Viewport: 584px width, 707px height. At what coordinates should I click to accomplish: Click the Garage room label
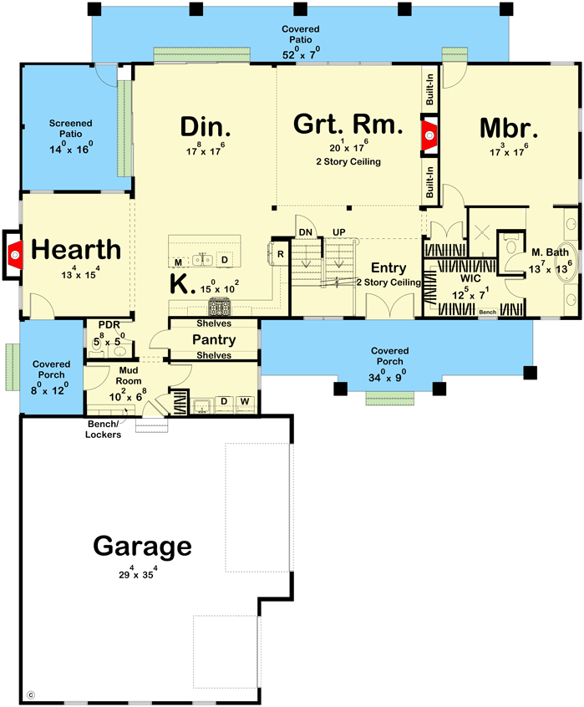(x=142, y=547)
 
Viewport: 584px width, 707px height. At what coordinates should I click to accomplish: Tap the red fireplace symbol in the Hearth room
(x=14, y=251)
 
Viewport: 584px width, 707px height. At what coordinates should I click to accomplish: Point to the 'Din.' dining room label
(x=206, y=128)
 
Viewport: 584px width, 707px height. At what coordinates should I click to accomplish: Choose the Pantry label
(x=213, y=340)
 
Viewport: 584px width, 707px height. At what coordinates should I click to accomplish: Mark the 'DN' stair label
(x=306, y=231)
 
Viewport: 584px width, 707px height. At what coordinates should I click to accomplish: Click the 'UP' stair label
(x=338, y=231)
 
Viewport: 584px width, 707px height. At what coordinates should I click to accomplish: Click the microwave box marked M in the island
(x=178, y=262)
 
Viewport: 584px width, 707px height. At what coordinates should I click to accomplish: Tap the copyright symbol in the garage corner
(x=32, y=693)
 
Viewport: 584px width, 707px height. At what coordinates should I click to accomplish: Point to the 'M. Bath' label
(x=550, y=253)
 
